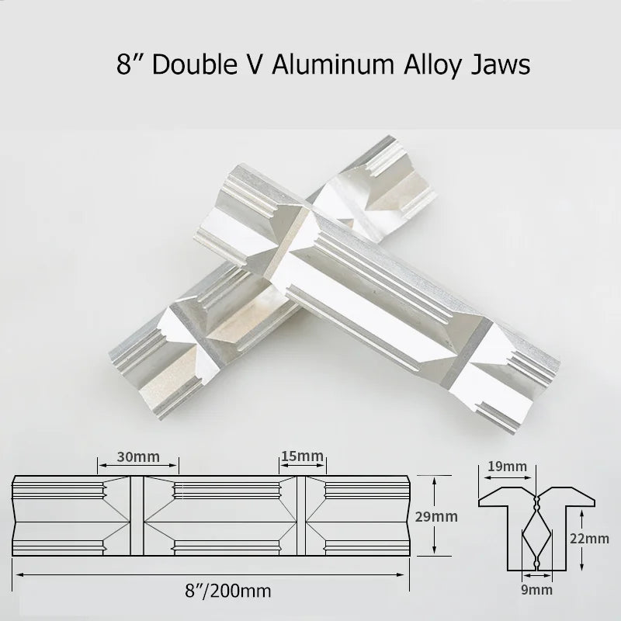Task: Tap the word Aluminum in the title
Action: pyautogui.click(x=333, y=64)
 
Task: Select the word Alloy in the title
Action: pyautogui.click(x=432, y=67)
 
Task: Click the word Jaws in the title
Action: pyautogui.click(x=501, y=65)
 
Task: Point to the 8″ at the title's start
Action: pyautogui.click(x=129, y=64)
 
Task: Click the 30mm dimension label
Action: pyautogui.click(x=138, y=456)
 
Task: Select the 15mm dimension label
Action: pyautogui.click(x=302, y=456)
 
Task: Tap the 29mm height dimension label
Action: pyautogui.click(x=436, y=516)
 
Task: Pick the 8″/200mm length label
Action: pyautogui.click(x=228, y=591)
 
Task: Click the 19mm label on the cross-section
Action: pyautogui.click(x=508, y=467)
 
